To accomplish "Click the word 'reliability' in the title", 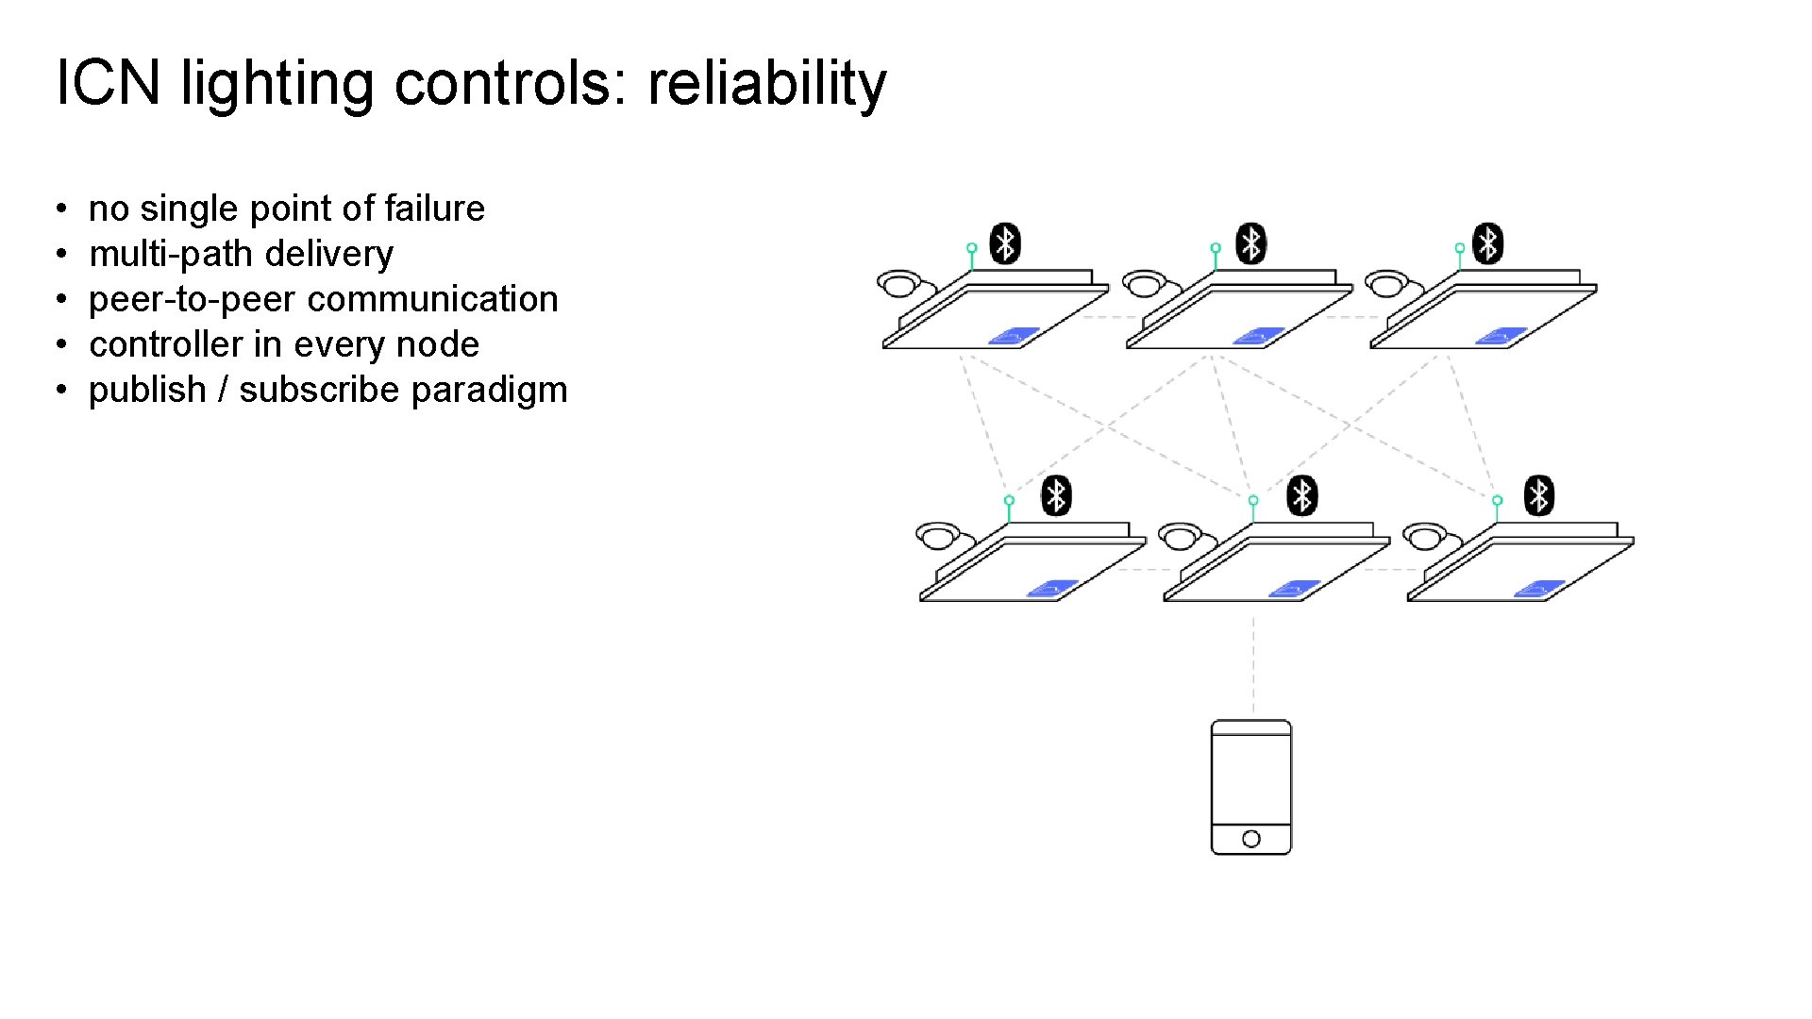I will (x=766, y=83).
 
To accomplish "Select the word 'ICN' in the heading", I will (x=109, y=83).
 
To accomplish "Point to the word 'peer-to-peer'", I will (x=191, y=299).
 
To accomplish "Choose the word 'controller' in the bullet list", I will (x=165, y=344).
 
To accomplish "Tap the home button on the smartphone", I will (x=1251, y=839).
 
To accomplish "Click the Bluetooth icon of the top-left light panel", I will (x=1005, y=243).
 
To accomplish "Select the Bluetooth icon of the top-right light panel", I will (x=1488, y=243).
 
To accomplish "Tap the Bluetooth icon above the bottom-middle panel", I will (x=1302, y=495).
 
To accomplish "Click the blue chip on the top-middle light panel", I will (x=1259, y=336).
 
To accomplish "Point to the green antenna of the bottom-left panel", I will (x=1009, y=508).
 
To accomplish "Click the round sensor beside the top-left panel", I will (x=899, y=282).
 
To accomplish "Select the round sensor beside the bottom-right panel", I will (x=1425, y=536).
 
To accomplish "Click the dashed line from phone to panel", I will (x=1253, y=665).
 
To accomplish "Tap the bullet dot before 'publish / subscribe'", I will (x=60, y=390).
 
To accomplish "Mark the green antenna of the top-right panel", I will (x=1460, y=256).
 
